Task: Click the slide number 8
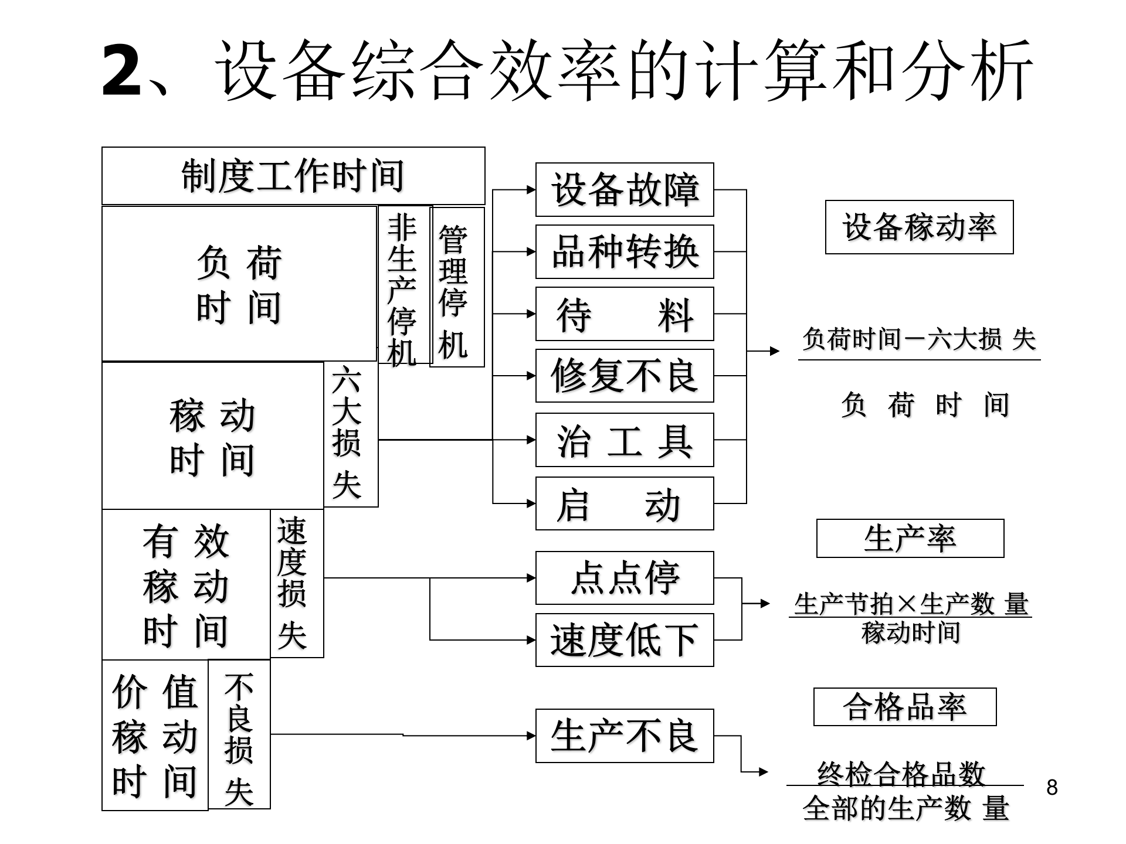coord(1052,787)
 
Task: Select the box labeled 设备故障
coord(625,190)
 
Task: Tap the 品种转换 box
coord(625,252)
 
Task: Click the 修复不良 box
coord(625,376)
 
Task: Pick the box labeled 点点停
coord(625,578)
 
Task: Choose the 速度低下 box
coord(625,640)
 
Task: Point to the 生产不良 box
coord(625,736)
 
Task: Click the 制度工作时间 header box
coord(293,176)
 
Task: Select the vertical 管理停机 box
coord(457,287)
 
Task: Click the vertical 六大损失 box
coord(351,434)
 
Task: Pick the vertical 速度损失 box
coord(297,583)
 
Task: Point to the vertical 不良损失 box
coord(239,734)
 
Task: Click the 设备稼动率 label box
coord(919,227)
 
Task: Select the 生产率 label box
coord(910,538)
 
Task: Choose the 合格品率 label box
coord(905,707)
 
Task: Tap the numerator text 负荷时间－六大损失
coord(919,339)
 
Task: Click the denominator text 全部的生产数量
coord(905,809)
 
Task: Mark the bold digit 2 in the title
coord(121,72)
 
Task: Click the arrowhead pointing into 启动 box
coord(531,503)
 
